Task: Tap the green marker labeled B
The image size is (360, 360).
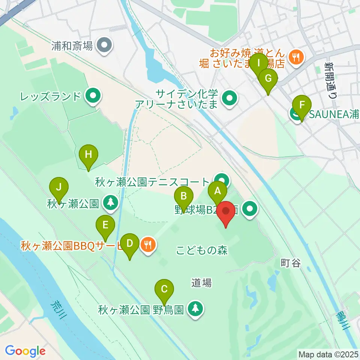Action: tap(184, 196)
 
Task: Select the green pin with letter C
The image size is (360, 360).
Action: tap(164, 289)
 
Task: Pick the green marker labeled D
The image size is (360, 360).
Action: tap(130, 243)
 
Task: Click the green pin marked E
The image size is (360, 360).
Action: tap(105, 225)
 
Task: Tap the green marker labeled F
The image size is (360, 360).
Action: tap(301, 105)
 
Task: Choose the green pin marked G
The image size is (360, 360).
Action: tap(268, 79)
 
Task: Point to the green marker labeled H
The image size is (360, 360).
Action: tap(88, 154)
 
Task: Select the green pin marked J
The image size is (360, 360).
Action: tap(58, 186)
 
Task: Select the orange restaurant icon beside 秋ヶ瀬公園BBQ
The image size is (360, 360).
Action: tap(148, 245)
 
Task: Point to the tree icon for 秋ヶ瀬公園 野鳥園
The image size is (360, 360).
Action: tap(195, 309)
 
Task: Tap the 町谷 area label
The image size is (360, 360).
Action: tap(291, 263)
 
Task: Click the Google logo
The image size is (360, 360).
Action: tap(25, 351)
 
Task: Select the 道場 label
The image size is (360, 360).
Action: tap(201, 283)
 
